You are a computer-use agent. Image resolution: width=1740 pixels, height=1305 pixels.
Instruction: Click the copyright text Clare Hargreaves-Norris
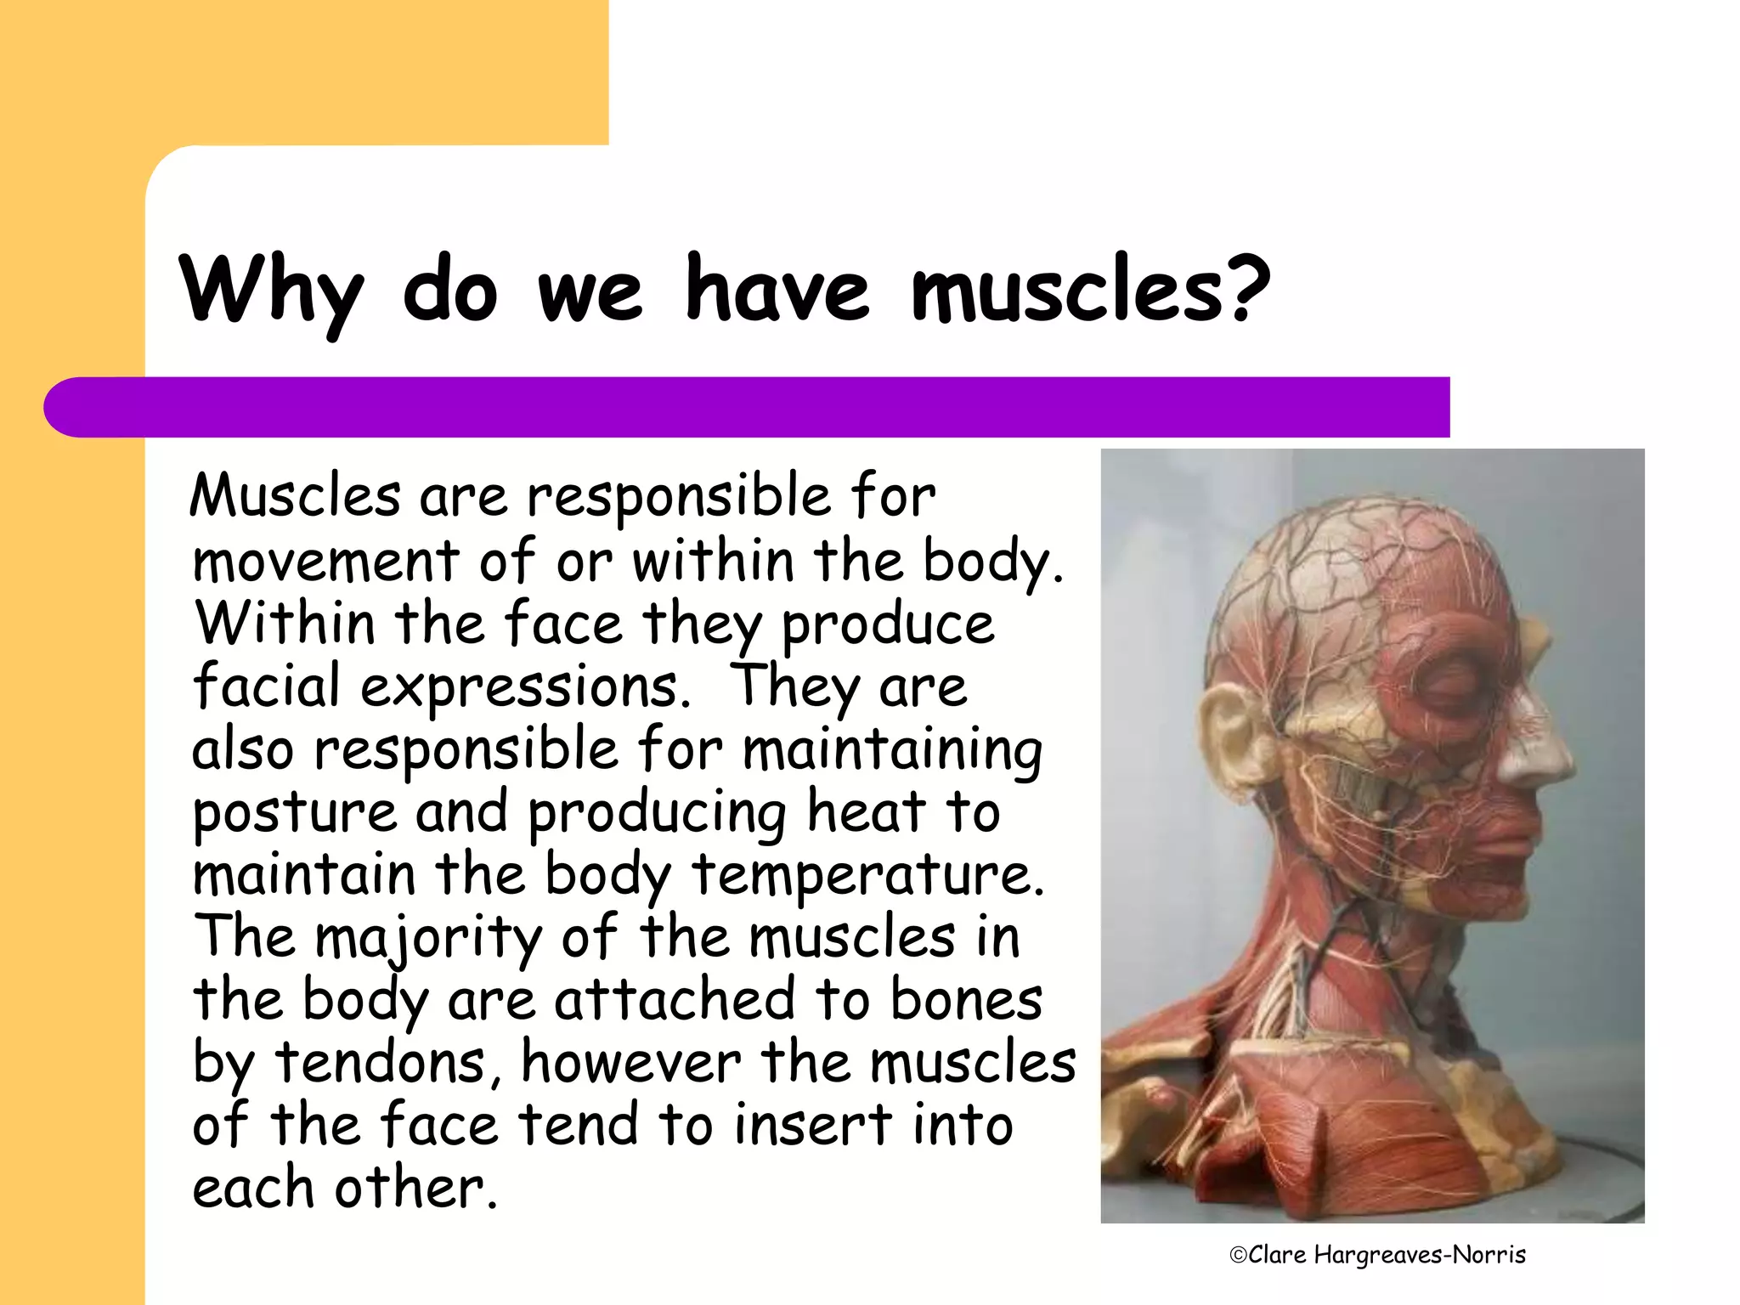[1377, 1255]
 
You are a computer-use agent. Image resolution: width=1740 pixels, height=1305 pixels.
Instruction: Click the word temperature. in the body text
[868, 875]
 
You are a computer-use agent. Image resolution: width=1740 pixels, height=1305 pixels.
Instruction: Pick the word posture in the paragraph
[294, 813]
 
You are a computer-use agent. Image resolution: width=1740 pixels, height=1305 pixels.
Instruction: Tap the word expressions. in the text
[526, 686]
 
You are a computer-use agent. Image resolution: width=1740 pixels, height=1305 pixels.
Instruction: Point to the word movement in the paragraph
[325, 561]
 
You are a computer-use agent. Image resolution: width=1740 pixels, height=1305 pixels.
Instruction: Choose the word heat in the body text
[865, 811]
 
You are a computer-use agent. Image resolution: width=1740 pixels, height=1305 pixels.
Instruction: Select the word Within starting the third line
[285, 623]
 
